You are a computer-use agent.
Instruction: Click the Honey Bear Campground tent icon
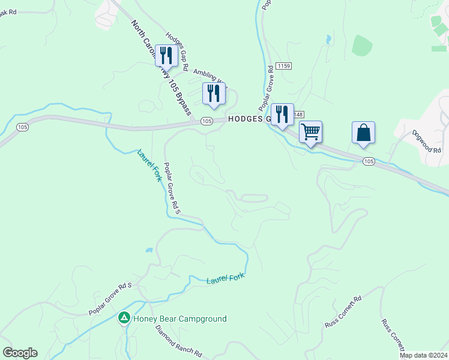click(x=124, y=317)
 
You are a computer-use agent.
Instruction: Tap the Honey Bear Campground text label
click(x=180, y=319)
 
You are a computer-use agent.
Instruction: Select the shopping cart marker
click(x=310, y=131)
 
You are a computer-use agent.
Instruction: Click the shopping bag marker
click(x=363, y=132)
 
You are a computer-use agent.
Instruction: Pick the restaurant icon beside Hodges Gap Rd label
click(x=166, y=56)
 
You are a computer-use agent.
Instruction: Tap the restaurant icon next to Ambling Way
click(x=213, y=93)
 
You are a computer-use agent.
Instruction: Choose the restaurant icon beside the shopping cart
click(x=282, y=114)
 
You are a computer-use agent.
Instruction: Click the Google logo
click(x=20, y=353)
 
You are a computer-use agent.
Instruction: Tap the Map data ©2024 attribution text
click(x=423, y=355)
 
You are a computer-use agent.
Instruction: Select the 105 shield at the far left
click(x=23, y=127)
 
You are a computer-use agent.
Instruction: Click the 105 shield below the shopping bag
click(x=369, y=161)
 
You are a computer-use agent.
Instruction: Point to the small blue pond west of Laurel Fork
click(x=148, y=249)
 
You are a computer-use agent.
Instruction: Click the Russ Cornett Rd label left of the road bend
click(x=343, y=312)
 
